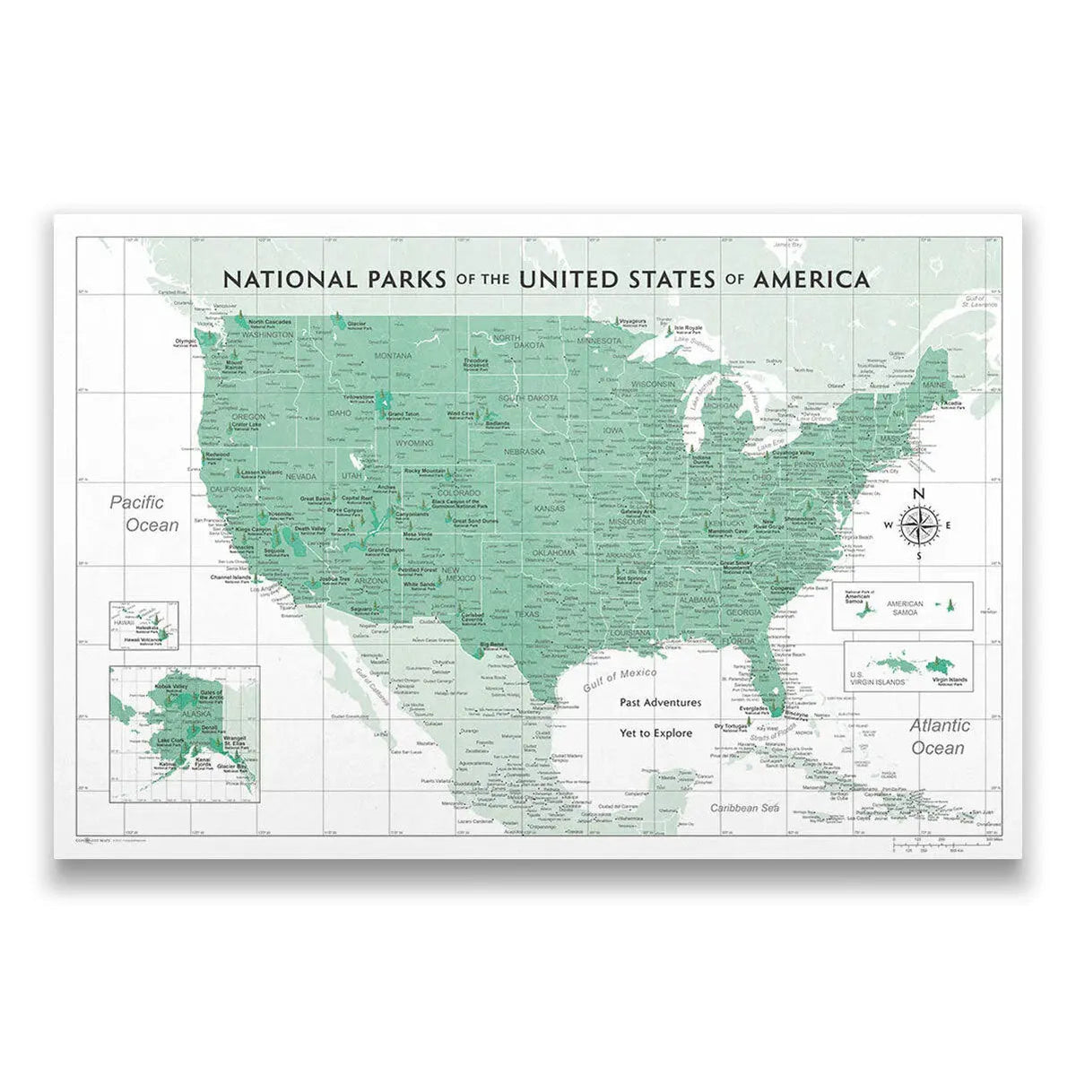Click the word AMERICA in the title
tap(811, 279)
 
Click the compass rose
tap(917, 524)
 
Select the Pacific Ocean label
tap(144, 514)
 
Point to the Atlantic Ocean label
tap(938, 736)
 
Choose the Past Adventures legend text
tap(660, 703)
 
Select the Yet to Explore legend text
tap(655, 733)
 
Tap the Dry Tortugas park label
tap(730, 726)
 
